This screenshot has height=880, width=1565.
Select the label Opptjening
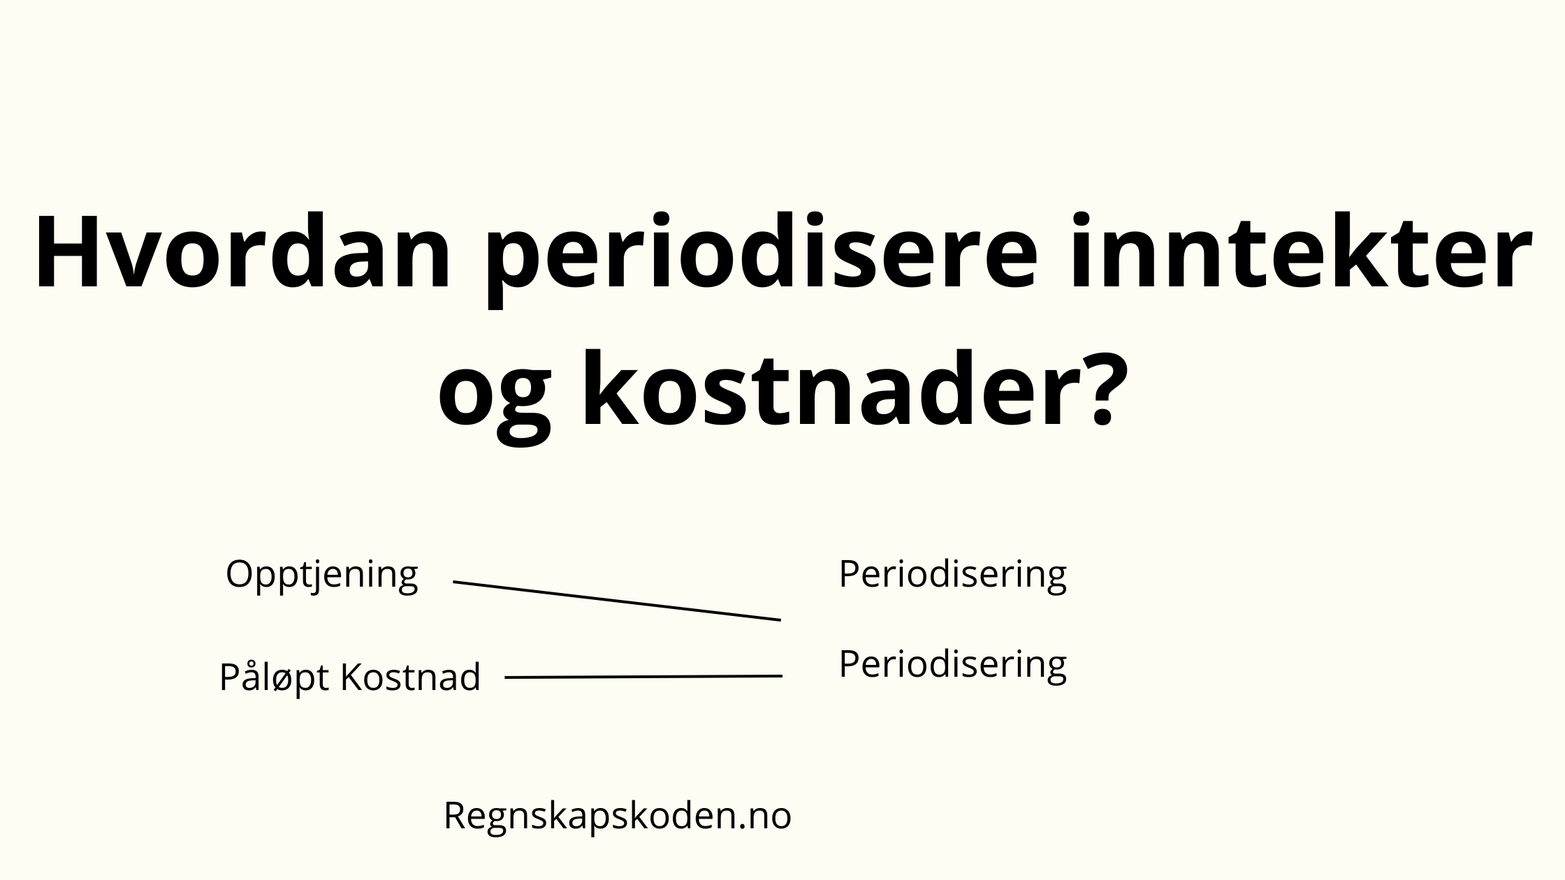pyautogui.click(x=322, y=577)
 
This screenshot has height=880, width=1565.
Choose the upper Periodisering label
pyautogui.click(x=953, y=577)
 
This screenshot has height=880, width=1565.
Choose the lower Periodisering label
pyautogui.click(x=953, y=666)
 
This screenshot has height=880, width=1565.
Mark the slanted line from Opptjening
pyautogui.click(x=617, y=601)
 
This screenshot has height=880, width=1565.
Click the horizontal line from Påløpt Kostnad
pyautogui.click(x=643, y=677)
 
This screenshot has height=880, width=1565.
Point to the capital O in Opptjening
pyautogui.click(x=241, y=574)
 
